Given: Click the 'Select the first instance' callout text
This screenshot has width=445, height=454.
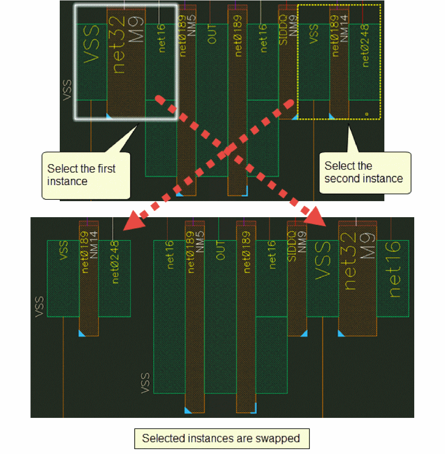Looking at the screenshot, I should [x=81, y=175].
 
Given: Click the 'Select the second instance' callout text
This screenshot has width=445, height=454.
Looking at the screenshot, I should [x=363, y=172].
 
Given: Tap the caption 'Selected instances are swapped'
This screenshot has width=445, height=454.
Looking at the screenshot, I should [x=221, y=438].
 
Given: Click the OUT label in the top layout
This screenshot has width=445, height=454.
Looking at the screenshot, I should [x=212, y=34].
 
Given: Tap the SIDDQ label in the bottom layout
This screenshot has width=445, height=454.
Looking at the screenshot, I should [x=292, y=248].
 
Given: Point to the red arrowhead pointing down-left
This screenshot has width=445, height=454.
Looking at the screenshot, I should [x=134, y=222].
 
